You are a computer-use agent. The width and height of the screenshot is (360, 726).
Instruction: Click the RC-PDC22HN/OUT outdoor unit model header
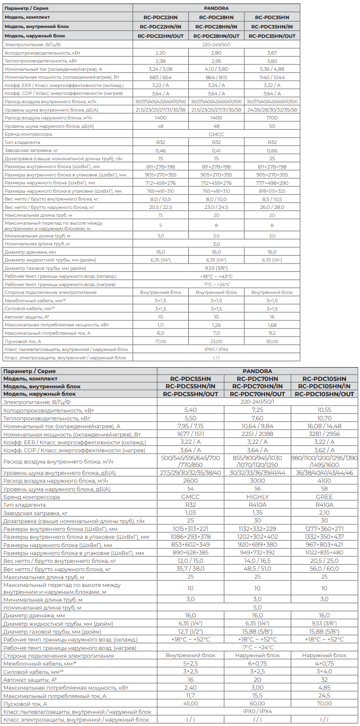[160, 36]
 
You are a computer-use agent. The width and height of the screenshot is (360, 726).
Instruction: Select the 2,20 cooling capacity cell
[160, 53]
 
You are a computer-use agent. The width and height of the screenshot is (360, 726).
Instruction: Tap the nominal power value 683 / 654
[160, 77]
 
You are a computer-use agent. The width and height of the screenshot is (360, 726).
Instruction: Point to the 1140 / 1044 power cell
[272, 77]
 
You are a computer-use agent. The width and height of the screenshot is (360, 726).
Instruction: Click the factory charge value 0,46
[160, 150]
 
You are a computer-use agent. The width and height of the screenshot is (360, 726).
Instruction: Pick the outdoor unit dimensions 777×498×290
[272, 183]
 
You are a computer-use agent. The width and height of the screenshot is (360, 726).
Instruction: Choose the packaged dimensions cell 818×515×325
[272, 191]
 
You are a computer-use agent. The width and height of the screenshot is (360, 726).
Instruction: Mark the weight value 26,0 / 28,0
[272, 207]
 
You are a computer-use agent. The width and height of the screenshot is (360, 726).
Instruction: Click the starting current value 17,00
[160, 341]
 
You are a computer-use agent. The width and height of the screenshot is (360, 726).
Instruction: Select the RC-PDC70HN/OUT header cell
[257, 394]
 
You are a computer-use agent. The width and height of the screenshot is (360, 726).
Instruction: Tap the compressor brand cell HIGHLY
[257, 497]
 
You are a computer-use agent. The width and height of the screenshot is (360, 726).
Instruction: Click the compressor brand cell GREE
[324, 497]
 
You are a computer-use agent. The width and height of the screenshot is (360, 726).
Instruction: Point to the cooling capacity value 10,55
[324, 409]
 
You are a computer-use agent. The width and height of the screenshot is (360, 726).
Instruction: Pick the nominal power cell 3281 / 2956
[324, 434]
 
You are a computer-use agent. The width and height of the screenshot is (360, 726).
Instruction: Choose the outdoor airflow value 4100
[324, 481]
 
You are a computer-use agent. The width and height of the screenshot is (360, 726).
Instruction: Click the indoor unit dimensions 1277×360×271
[324, 528]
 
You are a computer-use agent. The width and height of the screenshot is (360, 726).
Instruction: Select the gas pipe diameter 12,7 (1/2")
[190, 631]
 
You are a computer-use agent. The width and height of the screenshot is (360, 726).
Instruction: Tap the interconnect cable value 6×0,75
[257, 664]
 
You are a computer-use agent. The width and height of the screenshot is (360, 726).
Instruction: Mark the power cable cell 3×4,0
[324, 671]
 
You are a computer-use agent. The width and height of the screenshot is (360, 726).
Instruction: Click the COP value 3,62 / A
[324, 450]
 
